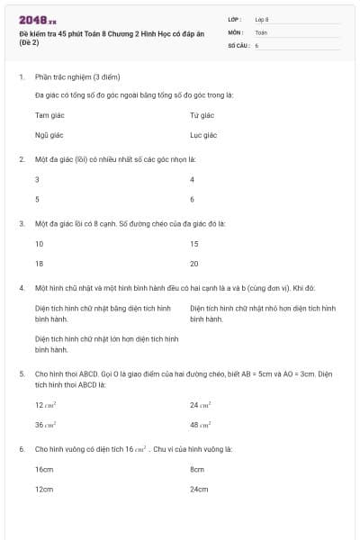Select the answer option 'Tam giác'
[x=48, y=116]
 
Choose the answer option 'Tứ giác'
[x=202, y=116]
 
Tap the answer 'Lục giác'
[x=203, y=135]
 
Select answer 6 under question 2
[x=193, y=199]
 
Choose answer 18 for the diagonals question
[x=40, y=263]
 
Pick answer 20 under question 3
[x=194, y=263]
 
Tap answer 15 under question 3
[x=194, y=244]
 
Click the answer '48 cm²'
[x=200, y=424]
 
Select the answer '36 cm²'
[x=46, y=424]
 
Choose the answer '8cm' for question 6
[x=197, y=470]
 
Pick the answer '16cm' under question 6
[x=44, y=470]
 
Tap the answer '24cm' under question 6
[x=199, y=489]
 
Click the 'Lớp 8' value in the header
[x=262, y=19]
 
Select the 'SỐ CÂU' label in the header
[x=238, y=44]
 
